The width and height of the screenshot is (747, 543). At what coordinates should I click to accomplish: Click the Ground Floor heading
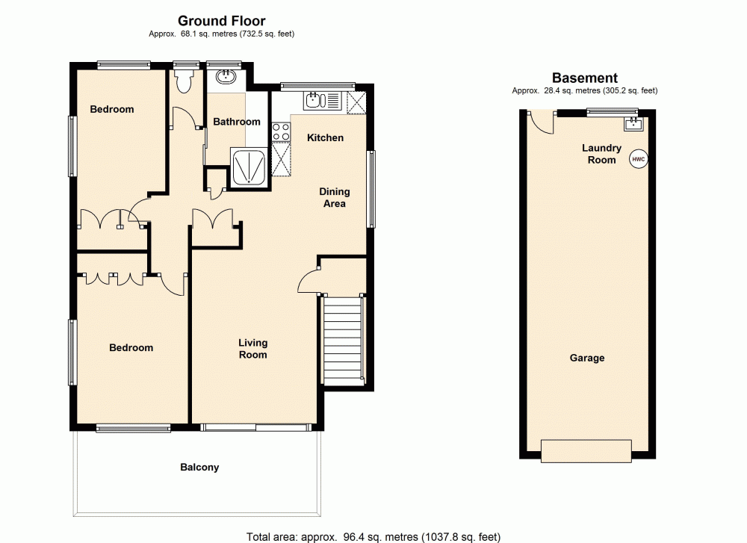coord(221,21)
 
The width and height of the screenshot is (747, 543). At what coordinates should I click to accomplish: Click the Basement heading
coord(584,78)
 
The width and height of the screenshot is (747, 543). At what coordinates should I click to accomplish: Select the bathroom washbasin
coord(226,76)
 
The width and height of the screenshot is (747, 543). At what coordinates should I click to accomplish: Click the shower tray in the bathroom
coord(248,166)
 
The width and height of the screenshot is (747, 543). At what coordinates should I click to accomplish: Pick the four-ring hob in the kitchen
coord(281,131)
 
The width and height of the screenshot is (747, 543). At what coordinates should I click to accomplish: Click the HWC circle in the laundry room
coord(638,159)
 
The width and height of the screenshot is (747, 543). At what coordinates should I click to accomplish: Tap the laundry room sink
coord(634,123)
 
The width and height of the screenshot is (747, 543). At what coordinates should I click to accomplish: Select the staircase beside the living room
coord(344,341)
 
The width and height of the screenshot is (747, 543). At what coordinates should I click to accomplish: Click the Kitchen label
coord(326,137)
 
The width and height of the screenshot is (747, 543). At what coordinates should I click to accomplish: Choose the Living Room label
coord(252,349)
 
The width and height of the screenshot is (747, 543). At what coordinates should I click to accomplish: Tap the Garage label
coord(587,358)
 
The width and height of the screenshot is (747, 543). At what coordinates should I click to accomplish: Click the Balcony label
coord(199,468)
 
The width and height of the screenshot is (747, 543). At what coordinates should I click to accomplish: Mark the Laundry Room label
coord(601,154)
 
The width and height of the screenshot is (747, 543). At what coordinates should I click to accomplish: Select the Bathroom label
coord(237,122)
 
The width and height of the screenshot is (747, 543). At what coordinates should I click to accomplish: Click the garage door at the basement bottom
coord(587,450)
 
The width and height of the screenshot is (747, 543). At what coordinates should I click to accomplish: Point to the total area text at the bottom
coord(373,536)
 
